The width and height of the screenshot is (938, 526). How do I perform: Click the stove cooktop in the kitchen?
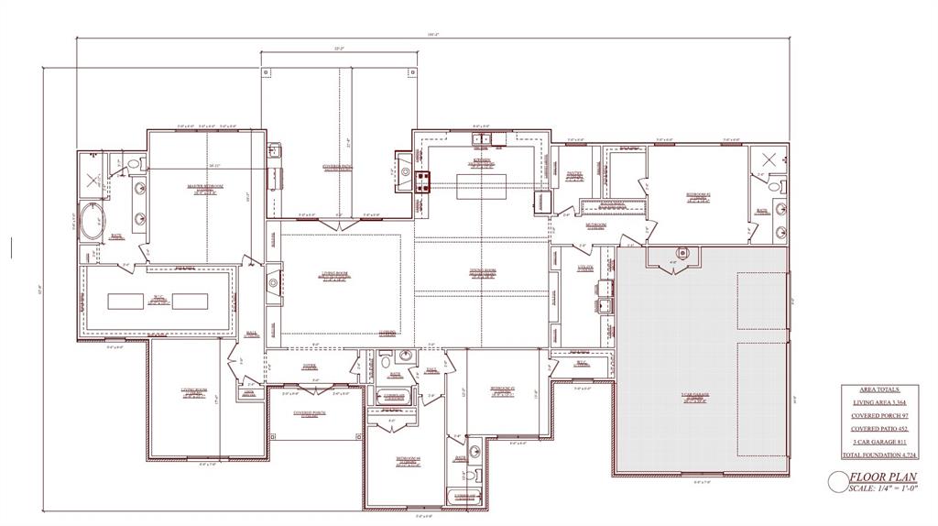[x=422, y=181]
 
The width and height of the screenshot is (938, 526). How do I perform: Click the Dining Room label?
[x=483, y=271]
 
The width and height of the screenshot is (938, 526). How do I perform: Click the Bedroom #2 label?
[x=699, y=195]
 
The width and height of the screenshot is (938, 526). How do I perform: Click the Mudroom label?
[x=596, y=225]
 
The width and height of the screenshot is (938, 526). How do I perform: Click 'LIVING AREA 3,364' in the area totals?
[x=878, y=401]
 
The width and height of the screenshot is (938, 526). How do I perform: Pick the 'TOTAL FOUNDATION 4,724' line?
[x=878, y=455]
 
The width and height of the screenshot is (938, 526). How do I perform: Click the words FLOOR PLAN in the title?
[x=884, y=477]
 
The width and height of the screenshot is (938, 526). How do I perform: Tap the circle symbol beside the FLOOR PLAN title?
[x=837, y=481]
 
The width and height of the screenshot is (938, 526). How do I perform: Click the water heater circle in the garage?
[x=682, y=253]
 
